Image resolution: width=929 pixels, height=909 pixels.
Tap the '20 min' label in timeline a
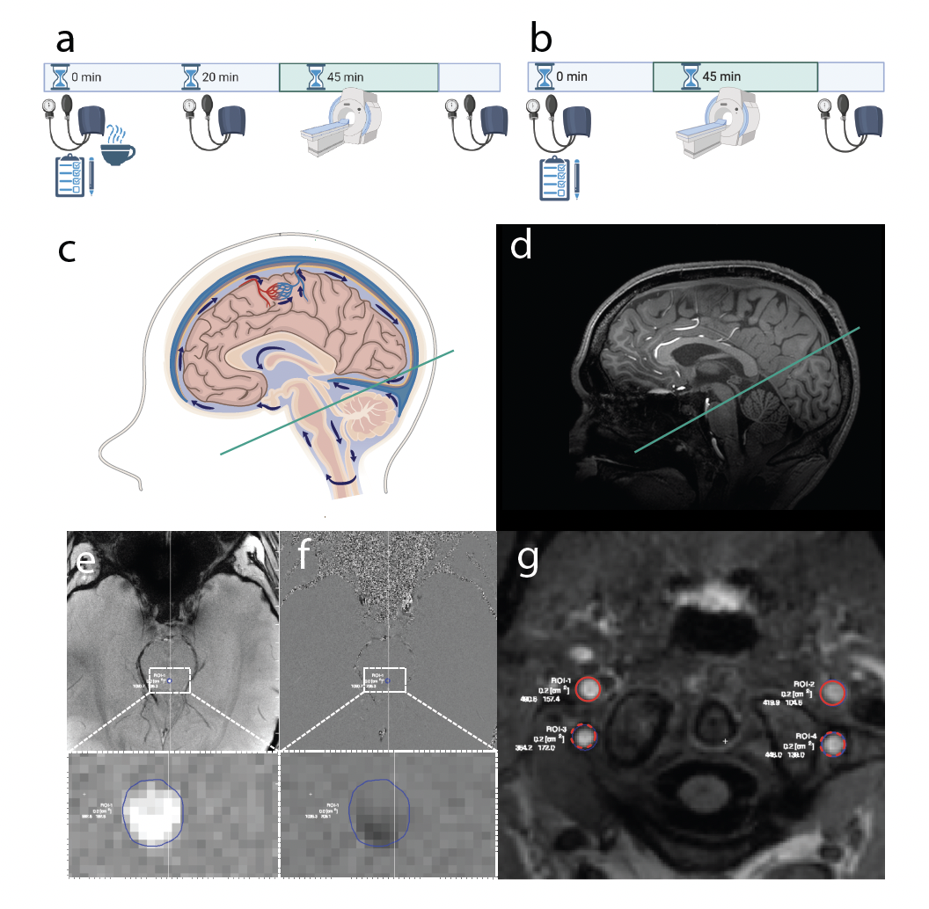221,77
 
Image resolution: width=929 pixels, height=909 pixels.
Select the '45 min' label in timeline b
721,76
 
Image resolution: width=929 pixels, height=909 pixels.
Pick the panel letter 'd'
521,245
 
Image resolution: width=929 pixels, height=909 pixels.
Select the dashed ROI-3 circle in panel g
583,735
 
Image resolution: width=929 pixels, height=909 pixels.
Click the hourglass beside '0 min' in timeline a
60,77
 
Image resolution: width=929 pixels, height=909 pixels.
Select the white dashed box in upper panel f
384,680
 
